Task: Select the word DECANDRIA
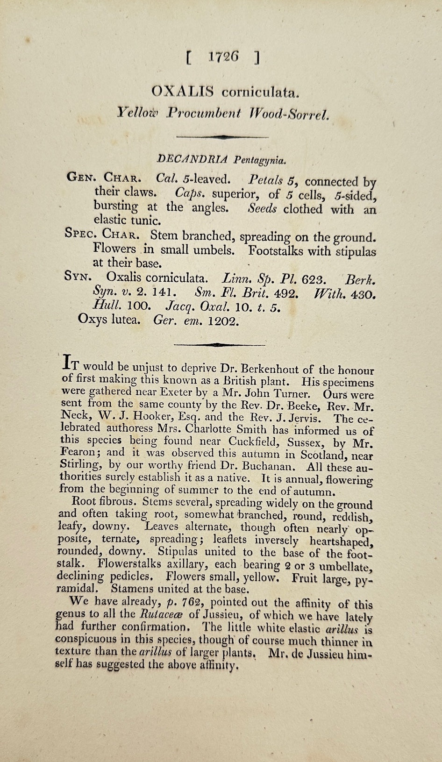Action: (193, 159)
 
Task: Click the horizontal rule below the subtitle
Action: (221, 137)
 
